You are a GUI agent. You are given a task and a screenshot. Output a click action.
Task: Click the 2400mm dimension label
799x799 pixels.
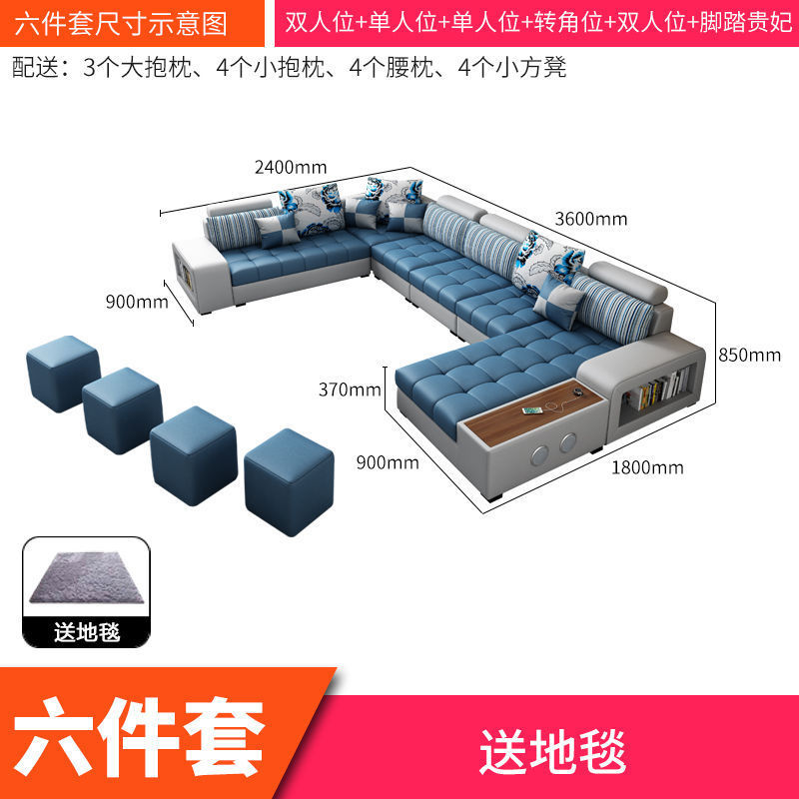pos(291,167)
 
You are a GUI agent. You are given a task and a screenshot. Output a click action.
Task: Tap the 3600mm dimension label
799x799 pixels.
pos(590,219)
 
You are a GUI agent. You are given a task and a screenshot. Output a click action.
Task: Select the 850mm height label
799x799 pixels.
pos(749,355)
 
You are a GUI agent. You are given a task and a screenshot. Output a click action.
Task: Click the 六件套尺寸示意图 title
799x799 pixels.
pos(121,23)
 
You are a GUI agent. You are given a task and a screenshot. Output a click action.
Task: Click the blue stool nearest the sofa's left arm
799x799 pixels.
pos(61,373)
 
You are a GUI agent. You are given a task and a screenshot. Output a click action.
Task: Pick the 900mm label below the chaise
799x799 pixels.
pos(389,462)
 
